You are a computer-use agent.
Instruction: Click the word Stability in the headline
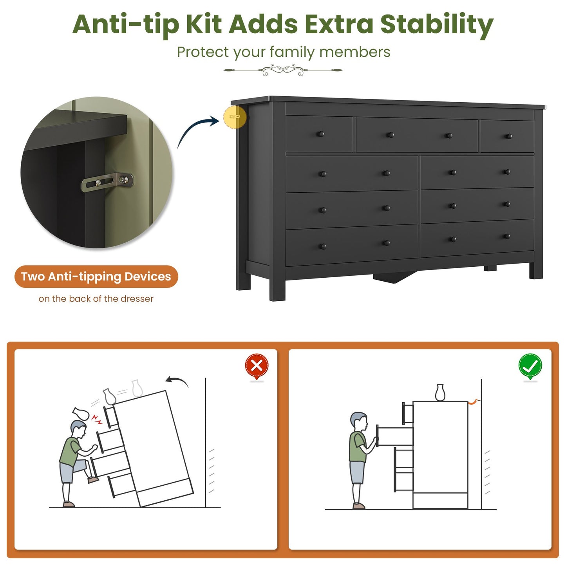point(437,25)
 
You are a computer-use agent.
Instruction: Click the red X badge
point(257,366)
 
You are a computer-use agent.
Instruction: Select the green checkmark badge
point(530,366)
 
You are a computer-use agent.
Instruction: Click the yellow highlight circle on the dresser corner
point(235,117)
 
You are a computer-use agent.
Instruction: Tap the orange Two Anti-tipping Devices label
point(96,277)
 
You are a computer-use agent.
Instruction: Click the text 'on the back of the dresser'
point(96,299)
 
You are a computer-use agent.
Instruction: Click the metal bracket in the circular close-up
point(107,182)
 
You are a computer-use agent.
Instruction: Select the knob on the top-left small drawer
point(320,134)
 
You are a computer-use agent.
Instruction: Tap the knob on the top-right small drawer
point(509,136)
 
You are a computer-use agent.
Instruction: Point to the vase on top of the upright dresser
point(440,392)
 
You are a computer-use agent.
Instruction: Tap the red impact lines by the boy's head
point(97,419)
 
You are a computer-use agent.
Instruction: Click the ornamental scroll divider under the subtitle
point(283,70)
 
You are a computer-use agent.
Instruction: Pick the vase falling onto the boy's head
point(80,413)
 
